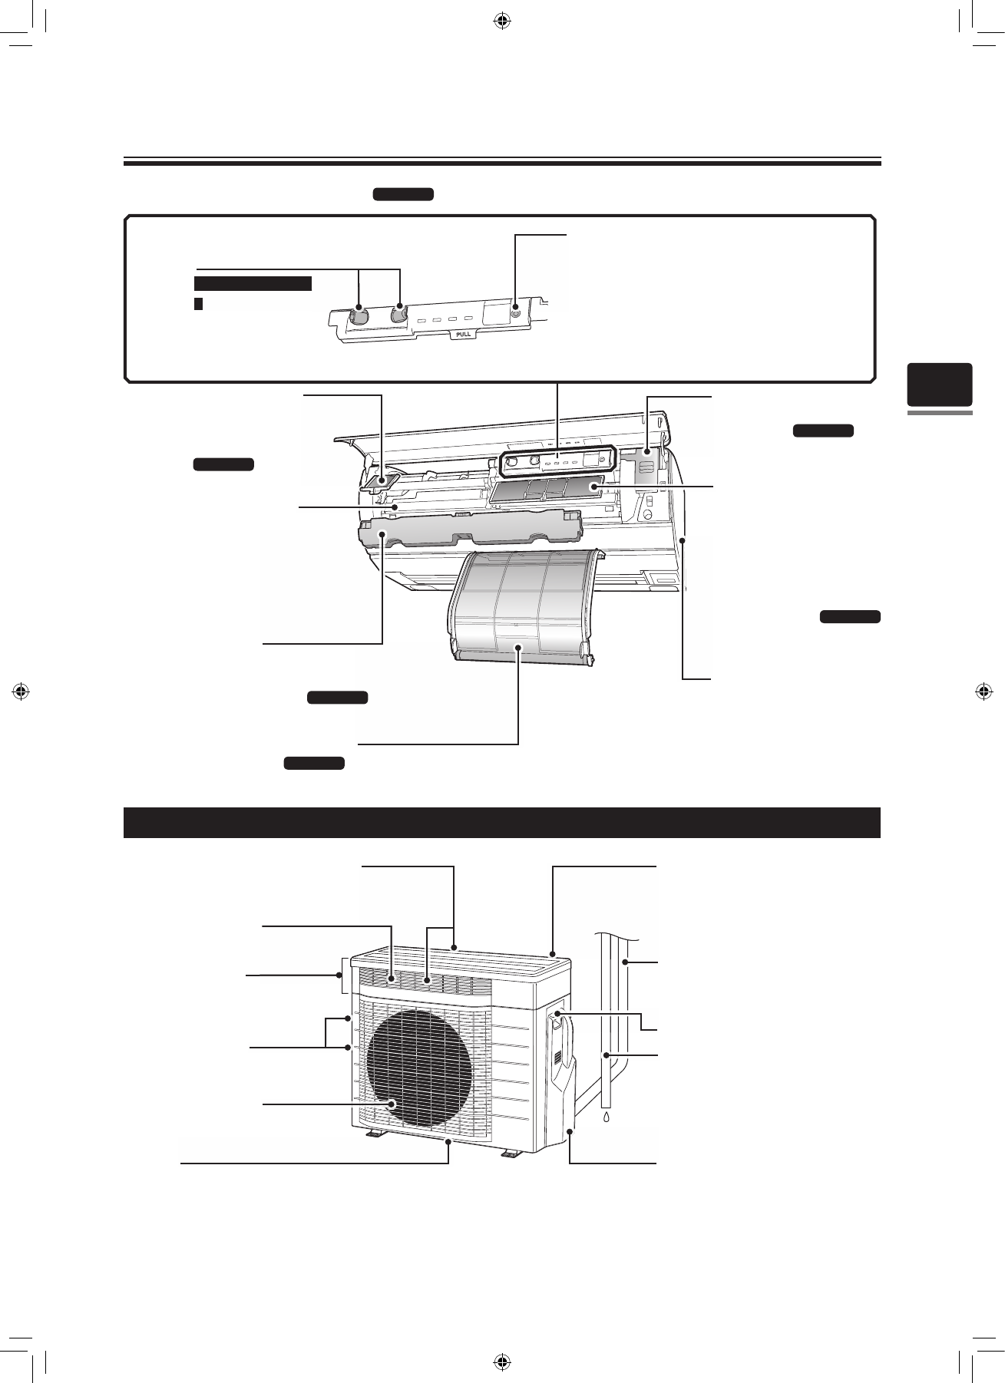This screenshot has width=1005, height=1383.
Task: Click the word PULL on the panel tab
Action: pos(464,334)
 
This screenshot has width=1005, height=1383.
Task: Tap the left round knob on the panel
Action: pos(359,315)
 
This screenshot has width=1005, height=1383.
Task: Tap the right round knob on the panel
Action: pos(398,313)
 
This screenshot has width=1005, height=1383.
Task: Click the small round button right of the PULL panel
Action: pos(515,313)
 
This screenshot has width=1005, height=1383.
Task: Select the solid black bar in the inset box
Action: pos(253,284)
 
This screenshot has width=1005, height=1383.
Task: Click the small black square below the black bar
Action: pos(198,304)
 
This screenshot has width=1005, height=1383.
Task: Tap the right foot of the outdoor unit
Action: pos(511,1154)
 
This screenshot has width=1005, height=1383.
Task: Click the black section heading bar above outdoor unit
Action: pos(501,823)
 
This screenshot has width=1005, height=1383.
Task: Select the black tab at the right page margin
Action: pos(940,385)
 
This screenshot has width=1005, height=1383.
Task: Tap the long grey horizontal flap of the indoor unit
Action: pos(470,530)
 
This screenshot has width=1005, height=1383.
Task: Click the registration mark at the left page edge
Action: pos(21,691)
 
